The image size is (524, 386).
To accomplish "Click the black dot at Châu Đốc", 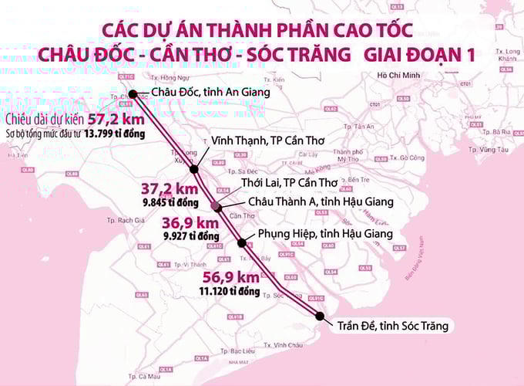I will point(133,94).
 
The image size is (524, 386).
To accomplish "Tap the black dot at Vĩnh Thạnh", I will point(193,169).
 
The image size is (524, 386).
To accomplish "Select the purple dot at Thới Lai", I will point(217,207).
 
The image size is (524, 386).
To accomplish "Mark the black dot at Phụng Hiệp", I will point(243,243).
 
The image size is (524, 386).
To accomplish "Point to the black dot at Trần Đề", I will point(320,315).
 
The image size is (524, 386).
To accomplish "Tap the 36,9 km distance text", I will point(186,223).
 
